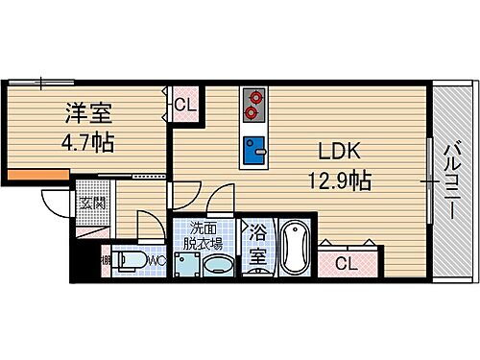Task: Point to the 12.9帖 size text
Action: coord(339,180)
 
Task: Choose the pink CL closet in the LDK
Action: coord(347,261)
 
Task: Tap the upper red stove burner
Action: coord(254,97)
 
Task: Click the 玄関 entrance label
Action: coord(92,203)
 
